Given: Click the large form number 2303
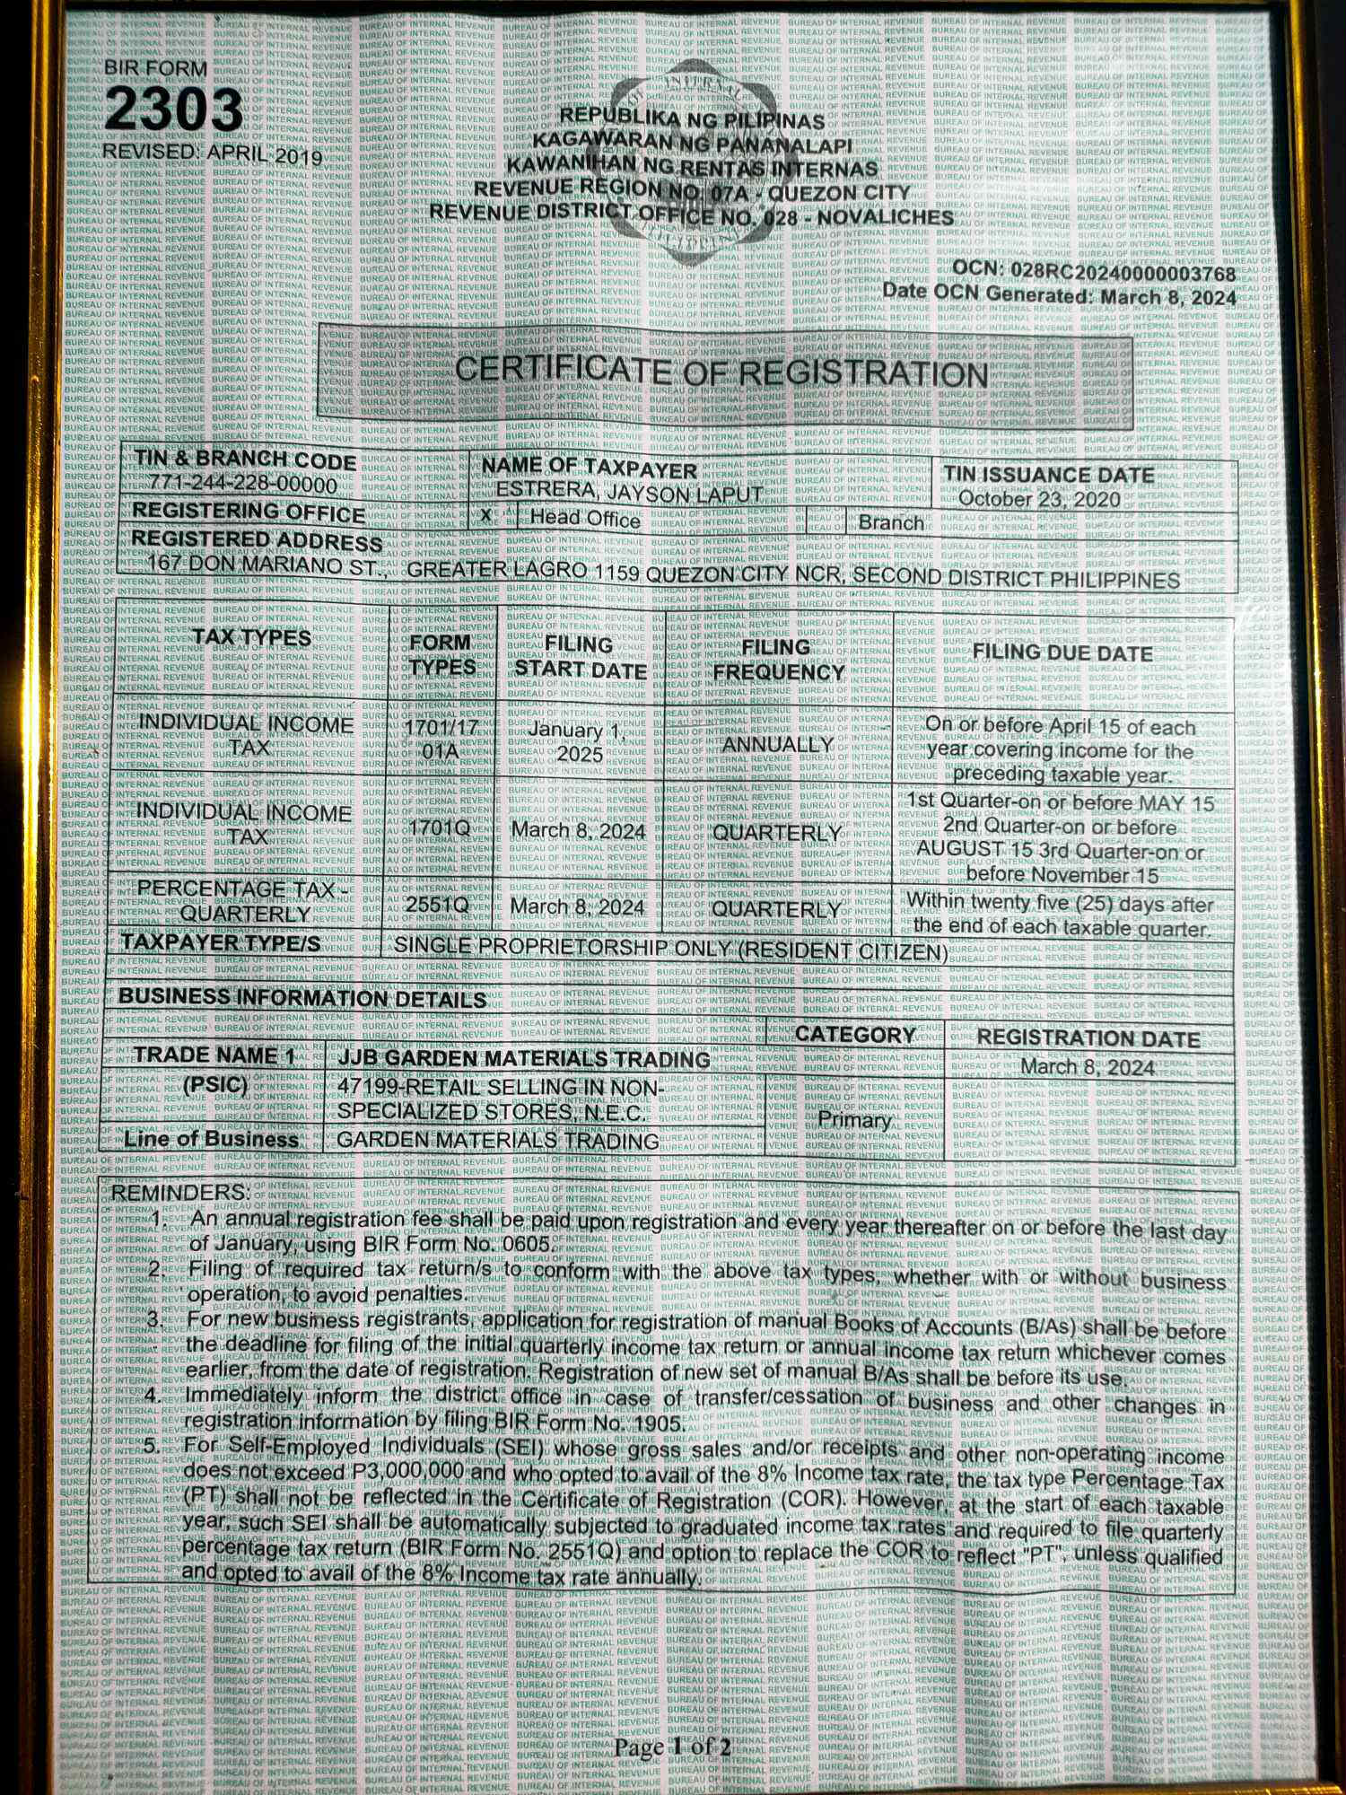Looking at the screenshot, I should point(174,109).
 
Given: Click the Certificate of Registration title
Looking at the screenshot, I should point(721,371).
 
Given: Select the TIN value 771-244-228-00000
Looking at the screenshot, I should point(244,485).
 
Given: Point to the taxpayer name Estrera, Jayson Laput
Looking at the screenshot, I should point(629,492).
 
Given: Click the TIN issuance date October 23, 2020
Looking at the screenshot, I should point(1039,499).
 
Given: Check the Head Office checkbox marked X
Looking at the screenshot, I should point(486,516).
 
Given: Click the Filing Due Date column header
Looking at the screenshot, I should point(1062,652).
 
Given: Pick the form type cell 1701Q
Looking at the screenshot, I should point(440,827).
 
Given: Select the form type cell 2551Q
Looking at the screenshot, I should point(437,905).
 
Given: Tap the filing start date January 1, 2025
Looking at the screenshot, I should point(579,741).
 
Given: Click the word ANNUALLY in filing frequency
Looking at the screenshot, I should point(778,745).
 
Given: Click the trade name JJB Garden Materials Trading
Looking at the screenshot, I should point(524,1059).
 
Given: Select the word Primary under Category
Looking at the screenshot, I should point(854,1120).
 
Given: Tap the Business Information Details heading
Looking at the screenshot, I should point(302,997).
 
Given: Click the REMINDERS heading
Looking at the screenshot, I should point(179,1193).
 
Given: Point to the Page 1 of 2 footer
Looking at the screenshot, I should point(672,1747).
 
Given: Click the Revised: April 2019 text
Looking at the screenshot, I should point(213,153).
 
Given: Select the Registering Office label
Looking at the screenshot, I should point(249,512).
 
